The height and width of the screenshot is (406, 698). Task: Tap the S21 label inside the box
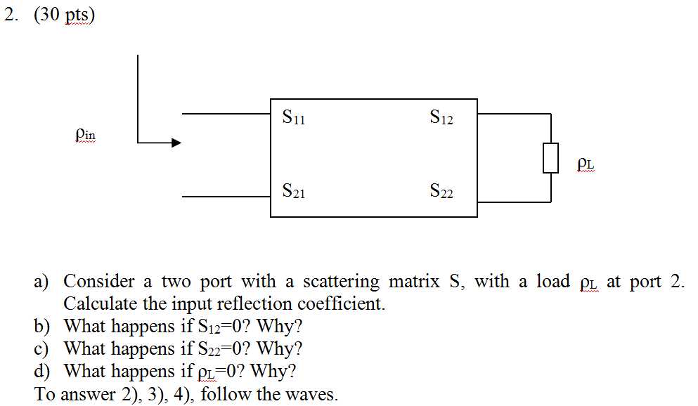[293, 190]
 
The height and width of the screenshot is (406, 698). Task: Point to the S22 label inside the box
[441, 190]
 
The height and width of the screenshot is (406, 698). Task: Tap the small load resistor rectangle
[550, 157]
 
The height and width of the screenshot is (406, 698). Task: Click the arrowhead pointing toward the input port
[175, 143]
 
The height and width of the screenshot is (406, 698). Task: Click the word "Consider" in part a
[99, 282]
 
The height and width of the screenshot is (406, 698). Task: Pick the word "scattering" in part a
[341, 282]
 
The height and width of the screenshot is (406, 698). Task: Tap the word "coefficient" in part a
[340, 304]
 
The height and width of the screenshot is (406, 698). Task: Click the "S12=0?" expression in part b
[219, 327]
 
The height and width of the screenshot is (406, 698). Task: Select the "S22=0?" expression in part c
[219, 348]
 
